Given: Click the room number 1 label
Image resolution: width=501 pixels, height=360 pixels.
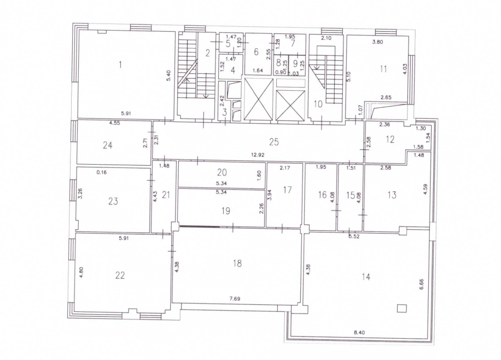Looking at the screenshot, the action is click(x=120, y=65).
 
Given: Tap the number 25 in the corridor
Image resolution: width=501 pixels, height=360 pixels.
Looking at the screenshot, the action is click(x=274, y=142).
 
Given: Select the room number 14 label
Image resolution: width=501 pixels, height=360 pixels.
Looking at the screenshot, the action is click(x=366, y=276).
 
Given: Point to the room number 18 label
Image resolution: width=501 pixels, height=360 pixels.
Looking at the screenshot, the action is click(x=237, y=264).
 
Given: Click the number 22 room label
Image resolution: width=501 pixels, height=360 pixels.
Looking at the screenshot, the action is click(x=120, y=275).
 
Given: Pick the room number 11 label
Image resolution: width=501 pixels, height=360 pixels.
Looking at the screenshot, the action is click(x=383, y=69).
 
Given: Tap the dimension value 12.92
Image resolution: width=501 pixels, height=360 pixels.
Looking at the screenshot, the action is click(x=258, y=155).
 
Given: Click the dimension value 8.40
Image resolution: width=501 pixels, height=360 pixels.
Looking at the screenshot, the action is click(x=359, y=333).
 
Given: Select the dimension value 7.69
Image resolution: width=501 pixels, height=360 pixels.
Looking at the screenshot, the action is click(x=235, y=299).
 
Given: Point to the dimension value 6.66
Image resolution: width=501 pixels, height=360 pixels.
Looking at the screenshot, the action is click(x=421, y=284).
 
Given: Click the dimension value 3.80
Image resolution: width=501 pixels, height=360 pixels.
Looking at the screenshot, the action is click(x=378, y=42).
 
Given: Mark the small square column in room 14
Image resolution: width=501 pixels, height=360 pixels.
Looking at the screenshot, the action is click(x=402, y=308).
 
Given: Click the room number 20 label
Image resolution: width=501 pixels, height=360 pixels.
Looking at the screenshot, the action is click(x=222, y=173).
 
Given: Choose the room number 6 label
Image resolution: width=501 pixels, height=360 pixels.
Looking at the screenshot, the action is click(x=256, y=52).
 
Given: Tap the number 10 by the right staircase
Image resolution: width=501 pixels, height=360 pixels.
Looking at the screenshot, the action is click(x=318, y=104).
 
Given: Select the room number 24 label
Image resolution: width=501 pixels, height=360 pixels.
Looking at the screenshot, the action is click(x=108, y=146).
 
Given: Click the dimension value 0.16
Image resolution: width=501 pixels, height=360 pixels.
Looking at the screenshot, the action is click(x=102, y=172).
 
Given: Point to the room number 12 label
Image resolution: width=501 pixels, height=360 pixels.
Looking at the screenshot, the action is click(x=390, y=140).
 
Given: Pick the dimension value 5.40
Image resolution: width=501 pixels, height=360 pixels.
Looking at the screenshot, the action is click(x=169, y=76).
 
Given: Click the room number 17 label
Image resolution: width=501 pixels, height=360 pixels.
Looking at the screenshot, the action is click(x=287, y=190).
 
